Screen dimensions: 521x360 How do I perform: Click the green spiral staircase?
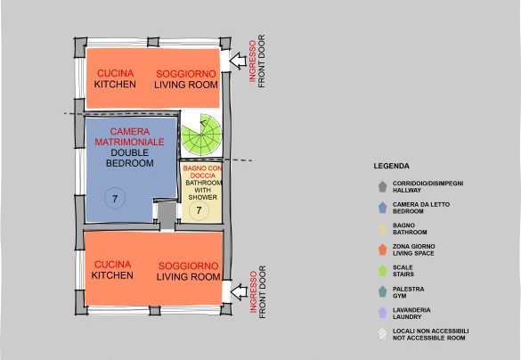(201, 135)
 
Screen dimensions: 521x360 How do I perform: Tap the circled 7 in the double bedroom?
(115, 199)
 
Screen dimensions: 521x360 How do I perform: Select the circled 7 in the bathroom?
(199, 210)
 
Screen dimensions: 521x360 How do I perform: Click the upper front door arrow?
(238, 61)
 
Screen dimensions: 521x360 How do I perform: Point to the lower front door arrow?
(239, 292)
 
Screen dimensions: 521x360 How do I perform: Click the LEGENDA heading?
(391, 166)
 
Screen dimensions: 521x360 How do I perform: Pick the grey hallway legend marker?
(382, 186)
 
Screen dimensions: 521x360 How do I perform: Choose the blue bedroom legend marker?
(382, 208)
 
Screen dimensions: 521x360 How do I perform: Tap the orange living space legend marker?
(382, 250)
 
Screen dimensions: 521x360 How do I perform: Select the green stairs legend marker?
(382, 271)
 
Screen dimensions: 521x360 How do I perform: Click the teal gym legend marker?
(382, 292)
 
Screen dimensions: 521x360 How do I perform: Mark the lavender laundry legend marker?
(382, 313)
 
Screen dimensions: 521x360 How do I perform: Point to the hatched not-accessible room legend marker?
(382, 334)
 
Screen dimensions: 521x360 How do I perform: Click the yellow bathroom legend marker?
(382, 229)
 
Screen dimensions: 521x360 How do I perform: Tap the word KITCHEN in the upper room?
(115, 84)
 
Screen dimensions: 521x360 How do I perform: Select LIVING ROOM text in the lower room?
(189, 276)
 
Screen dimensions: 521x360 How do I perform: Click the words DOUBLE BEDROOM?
(130, 158)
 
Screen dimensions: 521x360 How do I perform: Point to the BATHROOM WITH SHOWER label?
(203, 190)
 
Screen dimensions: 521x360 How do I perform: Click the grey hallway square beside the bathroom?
(167, 216)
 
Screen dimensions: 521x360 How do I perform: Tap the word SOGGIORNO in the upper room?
(186, 74)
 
